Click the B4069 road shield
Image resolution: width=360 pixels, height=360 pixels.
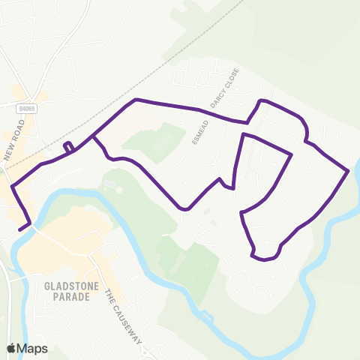click(x=27, y=108)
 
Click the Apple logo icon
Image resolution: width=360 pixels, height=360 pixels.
click(x=11, y=348)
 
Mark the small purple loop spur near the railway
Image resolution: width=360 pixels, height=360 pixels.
click(x=68, y=146)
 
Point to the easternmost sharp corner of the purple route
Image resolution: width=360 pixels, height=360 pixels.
click(x=349, y=172)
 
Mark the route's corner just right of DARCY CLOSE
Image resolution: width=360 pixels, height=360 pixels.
click(x=247, y=121)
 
